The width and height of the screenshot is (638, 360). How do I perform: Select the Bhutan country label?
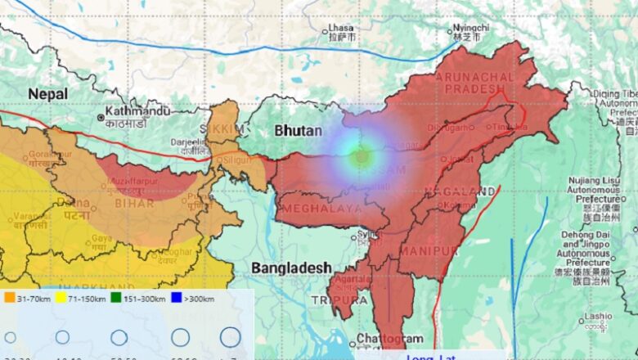298,130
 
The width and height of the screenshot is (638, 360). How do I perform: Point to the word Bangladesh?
291,268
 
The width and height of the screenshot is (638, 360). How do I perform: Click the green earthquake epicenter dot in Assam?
361,155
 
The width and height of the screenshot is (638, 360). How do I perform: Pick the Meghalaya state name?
321,209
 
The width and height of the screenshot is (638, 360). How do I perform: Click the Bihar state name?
129,203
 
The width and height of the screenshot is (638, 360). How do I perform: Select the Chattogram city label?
391,339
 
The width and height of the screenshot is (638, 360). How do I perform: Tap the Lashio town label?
598,316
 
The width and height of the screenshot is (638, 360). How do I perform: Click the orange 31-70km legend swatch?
10,299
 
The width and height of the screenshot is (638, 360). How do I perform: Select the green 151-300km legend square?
116,299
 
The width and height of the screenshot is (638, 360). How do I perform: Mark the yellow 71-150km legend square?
61,299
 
